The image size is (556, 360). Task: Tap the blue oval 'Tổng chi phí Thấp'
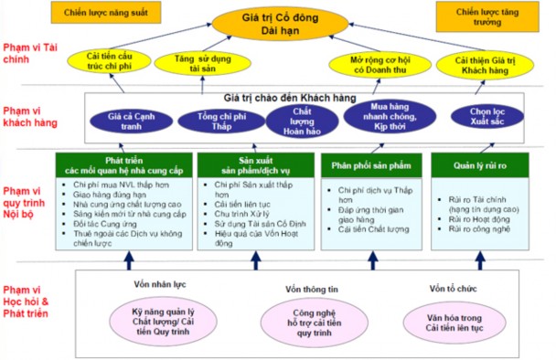(x=210, y=122)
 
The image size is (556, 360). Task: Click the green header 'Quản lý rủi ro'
(x=480, y=166)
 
